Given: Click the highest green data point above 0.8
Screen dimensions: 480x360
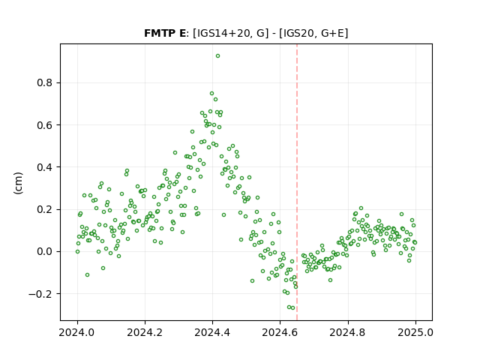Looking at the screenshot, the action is [217, 56].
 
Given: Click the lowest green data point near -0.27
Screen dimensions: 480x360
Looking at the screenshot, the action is [293, 308].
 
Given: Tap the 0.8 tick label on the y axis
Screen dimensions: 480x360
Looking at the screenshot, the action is [45, 83].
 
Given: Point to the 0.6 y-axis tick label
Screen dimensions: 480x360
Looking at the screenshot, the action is [45, 125].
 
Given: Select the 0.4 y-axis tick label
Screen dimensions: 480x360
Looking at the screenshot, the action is [45, 167].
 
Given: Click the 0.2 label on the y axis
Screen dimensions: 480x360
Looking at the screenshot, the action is [45, 210].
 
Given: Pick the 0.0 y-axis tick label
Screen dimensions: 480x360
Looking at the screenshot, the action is [45, 252].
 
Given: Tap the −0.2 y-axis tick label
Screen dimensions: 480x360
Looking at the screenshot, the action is [40, 294].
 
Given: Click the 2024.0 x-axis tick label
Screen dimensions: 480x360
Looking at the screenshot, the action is [77, 332].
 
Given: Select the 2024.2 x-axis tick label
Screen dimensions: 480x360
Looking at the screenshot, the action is [145, 332].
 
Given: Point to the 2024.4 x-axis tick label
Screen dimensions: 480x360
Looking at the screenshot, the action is [212, 332].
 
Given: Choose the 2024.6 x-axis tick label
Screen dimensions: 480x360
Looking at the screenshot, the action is [280, 332].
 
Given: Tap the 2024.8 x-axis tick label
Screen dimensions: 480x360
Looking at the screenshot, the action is [348, 332].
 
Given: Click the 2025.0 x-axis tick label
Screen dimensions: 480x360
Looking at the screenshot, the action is [415, 332].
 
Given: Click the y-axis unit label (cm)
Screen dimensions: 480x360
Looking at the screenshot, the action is [18, 183].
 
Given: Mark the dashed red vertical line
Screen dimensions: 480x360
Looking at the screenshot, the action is [297, 182].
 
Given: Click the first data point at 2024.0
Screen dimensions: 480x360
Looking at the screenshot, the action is [77, 252].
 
